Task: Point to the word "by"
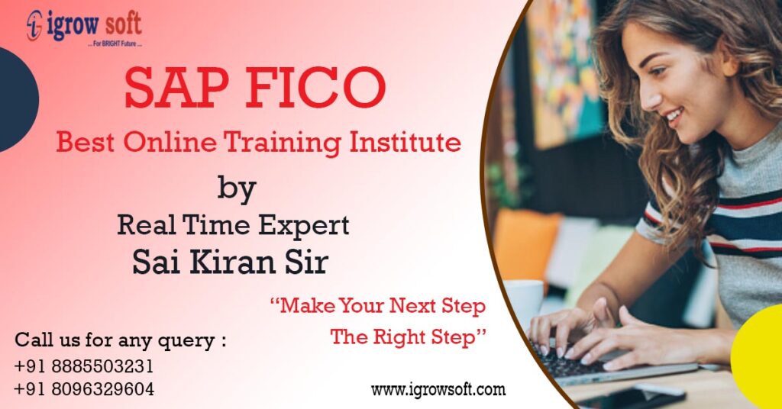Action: pyautogui.click(x=237, y=188)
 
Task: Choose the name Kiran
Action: pyautogui.click(x=237, y=261)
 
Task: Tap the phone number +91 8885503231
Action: pyautogui.click(x=84, y=366)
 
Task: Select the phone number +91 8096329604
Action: pyautogui.click(x=84, y=389)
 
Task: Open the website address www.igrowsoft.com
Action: pyautogui.click(x=438, y=390)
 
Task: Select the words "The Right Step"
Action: pyautogui.click(x=409, y=337)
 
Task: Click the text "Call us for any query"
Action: pyautogui.click(x=120, y=340)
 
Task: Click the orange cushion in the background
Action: pyautogui.click(x=526, y=244)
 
